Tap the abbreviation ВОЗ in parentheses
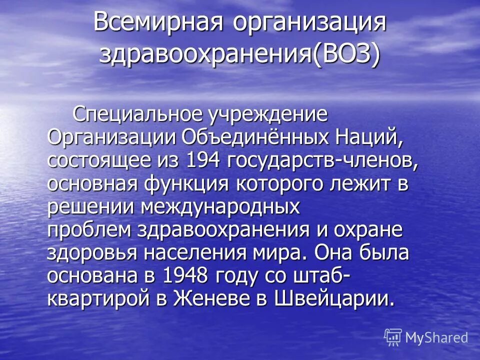(x=343, y=53)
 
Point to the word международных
(x=221, y=206)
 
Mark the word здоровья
(x=91, y=252)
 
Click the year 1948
(x=185, y=275)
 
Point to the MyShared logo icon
(x=393, y=337)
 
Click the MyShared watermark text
(x=436, y=337)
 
